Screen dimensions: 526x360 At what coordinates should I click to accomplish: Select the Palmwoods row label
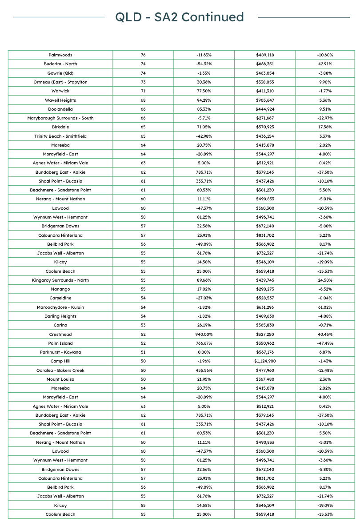(x=60, y=55)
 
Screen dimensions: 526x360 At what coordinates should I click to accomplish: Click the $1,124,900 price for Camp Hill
(x=265, y=361)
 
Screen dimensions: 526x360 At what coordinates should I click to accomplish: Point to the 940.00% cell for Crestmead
(x=204, y=334)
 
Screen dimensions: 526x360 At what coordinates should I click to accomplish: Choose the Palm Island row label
(x=60, y=343)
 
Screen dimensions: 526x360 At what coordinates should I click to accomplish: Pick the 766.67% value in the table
(x=204, y=343)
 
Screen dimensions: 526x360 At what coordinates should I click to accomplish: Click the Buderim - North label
(x=60, y=64)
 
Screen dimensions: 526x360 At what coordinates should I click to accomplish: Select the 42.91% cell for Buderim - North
(x=325, y=64)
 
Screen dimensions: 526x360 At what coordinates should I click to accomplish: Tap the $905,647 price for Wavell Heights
(x=265, y=100)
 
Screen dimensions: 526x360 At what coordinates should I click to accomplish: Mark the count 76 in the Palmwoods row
(x=143, y=55)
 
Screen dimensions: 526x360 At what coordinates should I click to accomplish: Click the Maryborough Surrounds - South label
(x=60, y=118)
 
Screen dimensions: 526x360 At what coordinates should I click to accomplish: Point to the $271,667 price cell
(x=265, y=118)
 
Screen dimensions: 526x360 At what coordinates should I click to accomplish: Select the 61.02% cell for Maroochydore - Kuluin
(x=325, y=307)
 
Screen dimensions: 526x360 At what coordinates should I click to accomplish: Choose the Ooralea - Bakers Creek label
(x=60, y=370)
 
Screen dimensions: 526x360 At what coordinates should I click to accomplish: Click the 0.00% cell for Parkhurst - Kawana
(x=204, y=352)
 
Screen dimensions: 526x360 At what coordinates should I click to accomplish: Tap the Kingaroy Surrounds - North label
(x=60, y=280)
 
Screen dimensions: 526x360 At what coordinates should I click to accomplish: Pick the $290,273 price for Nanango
(x=265, y=289)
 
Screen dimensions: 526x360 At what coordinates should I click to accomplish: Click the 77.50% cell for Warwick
(x=204, y=91)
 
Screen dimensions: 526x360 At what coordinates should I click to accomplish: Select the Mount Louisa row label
(x=60, y=379)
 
